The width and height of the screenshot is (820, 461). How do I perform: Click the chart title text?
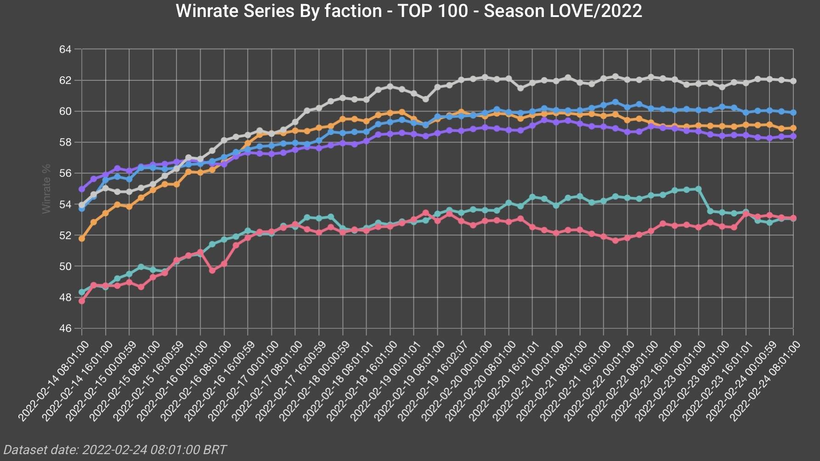point(409,11)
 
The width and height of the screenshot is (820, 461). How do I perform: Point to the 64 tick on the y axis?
point(65,49)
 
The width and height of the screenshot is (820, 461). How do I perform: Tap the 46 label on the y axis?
point(65,328)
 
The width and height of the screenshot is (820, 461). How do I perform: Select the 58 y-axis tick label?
point(65,142)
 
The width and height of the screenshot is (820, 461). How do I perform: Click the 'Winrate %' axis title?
point(46,189)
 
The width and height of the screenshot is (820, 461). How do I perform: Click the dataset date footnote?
point(115,450)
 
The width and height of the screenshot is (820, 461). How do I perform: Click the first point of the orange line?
point(82,239)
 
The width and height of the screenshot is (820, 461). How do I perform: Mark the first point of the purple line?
point(82,189)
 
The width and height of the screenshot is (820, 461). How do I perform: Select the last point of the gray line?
point(793,81)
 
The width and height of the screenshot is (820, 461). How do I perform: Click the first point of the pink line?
point(82,301)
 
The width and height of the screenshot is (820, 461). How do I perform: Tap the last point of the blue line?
point(793,112)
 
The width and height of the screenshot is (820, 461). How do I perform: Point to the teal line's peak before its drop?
point(698,189)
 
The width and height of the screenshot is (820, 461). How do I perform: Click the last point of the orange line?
point(793,128)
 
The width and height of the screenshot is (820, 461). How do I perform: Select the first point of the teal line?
point(82,292)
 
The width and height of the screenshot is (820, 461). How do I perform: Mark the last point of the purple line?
point(793,136)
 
